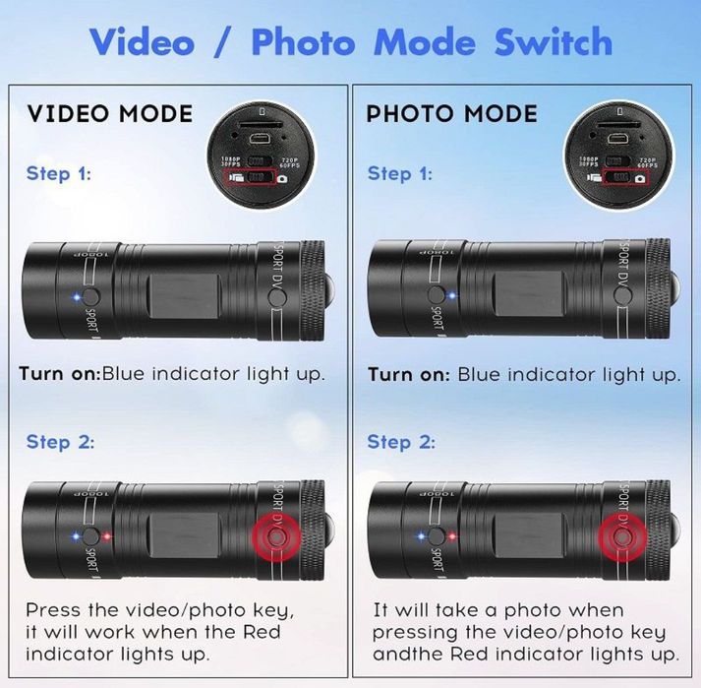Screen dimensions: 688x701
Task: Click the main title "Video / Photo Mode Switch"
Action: click(x=350, y=42)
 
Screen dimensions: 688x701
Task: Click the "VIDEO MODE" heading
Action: click(x=110, y=113)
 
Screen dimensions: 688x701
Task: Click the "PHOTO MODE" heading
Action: click(x=451, y=113)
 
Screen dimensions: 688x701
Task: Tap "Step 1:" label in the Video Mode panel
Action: click(x=60, y=174)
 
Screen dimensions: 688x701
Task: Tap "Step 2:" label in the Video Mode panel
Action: click(x=60, y=442)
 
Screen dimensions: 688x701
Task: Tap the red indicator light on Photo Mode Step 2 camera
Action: click(x=452, y=536)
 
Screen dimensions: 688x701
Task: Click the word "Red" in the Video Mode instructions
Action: click(x=260, y=632)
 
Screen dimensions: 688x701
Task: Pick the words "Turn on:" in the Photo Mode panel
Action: click(x=410, y=375)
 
